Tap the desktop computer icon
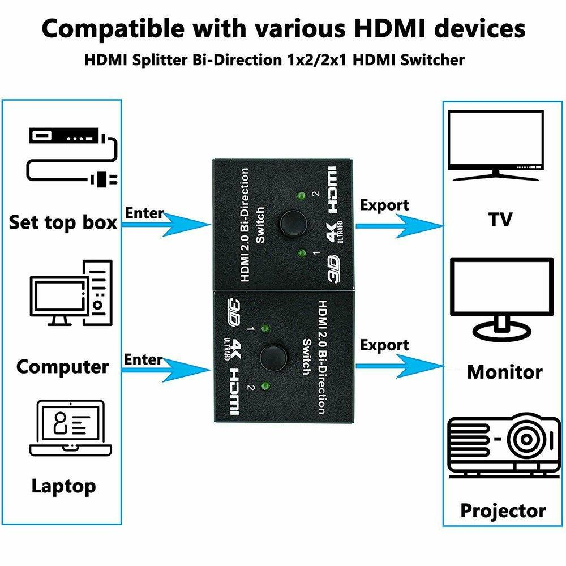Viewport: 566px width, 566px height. click(x=71, y=293)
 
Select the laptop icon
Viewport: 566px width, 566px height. click(x=71, y=428)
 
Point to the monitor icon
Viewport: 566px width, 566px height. click(x=501, y=299)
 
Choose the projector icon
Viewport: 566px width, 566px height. click(x=504, y=446)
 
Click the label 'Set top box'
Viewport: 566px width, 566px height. click(x=63, y=222)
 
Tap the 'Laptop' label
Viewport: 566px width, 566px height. click(x=63, y=486)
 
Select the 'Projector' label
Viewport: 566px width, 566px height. click(x=503, y=511)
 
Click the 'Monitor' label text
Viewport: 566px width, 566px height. click(x=505, y=372)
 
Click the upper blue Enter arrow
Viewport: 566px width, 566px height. click(x=166, y=225)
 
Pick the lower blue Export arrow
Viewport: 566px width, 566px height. click(x=400, y=366)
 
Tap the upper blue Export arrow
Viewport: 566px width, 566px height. click(x=400, y=226)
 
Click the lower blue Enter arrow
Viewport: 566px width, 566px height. click(x=166, y=370)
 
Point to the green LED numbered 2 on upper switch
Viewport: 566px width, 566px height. click(x=301, y=196)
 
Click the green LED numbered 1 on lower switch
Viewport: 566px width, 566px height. click(x=265, y=328)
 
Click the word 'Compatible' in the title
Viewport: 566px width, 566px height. click(x=113, y=29)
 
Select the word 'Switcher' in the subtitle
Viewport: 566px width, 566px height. click(x=432, y=59)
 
